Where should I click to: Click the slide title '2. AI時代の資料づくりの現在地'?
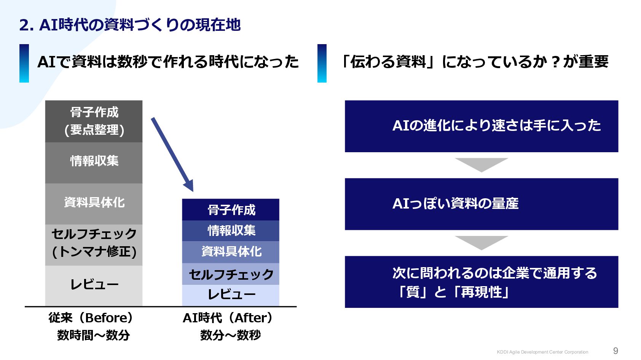click(130, 25)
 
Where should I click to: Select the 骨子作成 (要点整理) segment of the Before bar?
click(94, 121)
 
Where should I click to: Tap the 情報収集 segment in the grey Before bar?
click(94, 161)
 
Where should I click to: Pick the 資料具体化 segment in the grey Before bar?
click(94, 203)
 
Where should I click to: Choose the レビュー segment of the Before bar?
click(94, 285)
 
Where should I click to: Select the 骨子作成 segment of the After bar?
click(231, 210)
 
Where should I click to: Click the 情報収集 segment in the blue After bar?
click(231, 231)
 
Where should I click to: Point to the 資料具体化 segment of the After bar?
click(231, 252)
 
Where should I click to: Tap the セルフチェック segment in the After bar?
click(231, 274)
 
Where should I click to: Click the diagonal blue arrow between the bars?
click(172, 154)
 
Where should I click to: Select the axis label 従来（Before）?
click(91, 318)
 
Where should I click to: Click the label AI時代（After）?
click(228, 318)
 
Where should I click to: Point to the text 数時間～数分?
click(94, 335)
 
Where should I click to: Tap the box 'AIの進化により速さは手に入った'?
click(481, 126)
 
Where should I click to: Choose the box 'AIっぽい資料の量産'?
click(481, 204)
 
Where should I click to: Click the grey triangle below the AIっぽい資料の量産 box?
click(481, 242)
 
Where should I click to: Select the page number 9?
click(615, 351)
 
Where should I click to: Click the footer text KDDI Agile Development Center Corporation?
click(542, 352)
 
